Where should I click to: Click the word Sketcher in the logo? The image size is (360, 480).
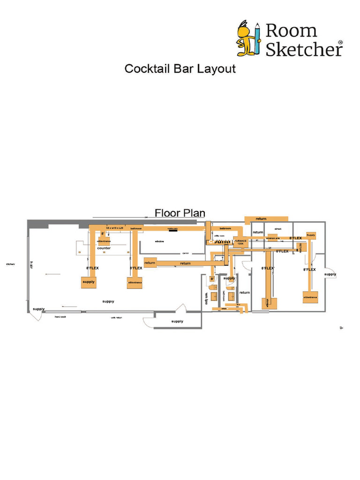coord(304,49)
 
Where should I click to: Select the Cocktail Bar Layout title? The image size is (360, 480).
coord(180,69)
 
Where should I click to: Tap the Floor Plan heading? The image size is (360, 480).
coord(180,213)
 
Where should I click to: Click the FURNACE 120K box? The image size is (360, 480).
coord(240,242)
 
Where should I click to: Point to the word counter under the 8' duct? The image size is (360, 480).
coord(104,248)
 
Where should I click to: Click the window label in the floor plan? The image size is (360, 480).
coord(159,241)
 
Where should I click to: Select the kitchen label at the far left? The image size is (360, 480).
coord(10,264)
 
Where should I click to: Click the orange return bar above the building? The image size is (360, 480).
coord(266,219)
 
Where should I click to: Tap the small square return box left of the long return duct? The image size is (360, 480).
coord(150,263)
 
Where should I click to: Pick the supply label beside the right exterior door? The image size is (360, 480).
coord(330,274)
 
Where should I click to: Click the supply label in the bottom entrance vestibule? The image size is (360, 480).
coord(177,321)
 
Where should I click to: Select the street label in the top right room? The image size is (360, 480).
coord(277,229)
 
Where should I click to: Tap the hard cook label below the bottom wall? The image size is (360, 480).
coord(60,317)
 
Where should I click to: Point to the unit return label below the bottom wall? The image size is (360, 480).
coord(116,317)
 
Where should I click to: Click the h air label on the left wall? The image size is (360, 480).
coord(31,265)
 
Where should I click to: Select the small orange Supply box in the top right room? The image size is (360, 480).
coord(310,235)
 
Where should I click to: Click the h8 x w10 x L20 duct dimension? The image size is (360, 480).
coord(114,227)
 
